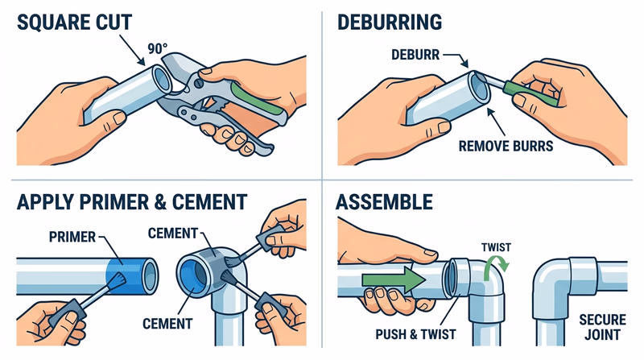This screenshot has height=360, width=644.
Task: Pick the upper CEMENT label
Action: (174, 233)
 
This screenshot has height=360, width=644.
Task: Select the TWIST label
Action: (491, 240)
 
